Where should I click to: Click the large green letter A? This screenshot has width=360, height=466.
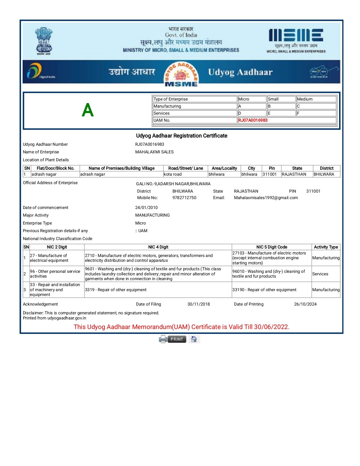(88, 110)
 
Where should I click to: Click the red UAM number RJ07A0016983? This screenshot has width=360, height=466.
(253, 120)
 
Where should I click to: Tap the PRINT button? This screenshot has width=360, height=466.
(177, 339)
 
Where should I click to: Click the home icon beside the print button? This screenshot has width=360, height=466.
(194, 339)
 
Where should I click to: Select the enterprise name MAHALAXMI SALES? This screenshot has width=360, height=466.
(154, 152)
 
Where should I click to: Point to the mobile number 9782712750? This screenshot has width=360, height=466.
(184, 198)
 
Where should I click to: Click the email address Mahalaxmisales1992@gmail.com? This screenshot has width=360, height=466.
(266, 198)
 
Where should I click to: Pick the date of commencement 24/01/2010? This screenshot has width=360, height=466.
(146, 208)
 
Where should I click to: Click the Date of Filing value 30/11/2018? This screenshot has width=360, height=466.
(198, 304)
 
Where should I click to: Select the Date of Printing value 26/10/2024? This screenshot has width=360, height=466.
(305, 304)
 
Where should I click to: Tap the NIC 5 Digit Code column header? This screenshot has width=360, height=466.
(272, 247)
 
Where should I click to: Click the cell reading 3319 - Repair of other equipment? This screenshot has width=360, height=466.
(116, 290)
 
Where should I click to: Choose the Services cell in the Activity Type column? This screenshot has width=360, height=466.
(320, 274)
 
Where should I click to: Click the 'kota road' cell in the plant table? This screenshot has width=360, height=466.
(173, 174)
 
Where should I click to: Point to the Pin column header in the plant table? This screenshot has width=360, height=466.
(272, 168)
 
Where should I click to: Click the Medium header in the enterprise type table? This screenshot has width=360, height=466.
(305, 99)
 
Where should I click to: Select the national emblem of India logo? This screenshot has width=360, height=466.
(44, 41)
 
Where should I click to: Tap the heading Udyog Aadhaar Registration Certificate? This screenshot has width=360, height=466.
(182, 136)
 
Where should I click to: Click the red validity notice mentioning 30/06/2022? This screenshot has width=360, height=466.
(182, 327)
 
